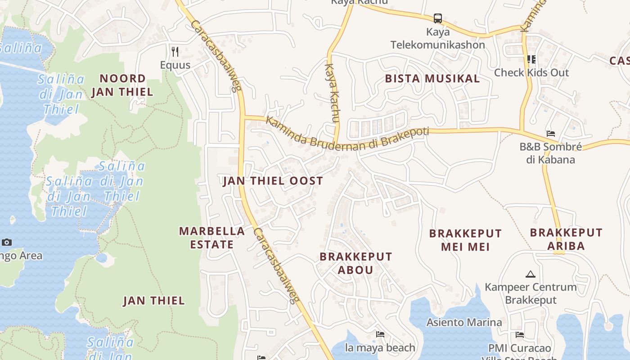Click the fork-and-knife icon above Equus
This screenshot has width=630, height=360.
pyautogui.click(x=175, y=52)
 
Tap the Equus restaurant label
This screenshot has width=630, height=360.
pyautogui.click(x=175, y=65)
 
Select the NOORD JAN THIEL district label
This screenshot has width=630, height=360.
pyautogui.click(x=122, y=85)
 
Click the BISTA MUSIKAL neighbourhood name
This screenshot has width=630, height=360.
pyautogui.click(x=432, y=79)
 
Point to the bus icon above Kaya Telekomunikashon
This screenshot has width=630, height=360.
pyautogui.click(x=438, y=18)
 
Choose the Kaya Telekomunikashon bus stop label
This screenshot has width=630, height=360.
pyautogui.click(x=438, y=39)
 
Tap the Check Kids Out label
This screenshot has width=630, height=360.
pyautogui.click(x=531, y=72)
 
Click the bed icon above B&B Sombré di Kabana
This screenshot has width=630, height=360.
pyautogui.click(x=550, y=134)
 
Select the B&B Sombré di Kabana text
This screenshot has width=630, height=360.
pyautogui.click(x=550, y=153)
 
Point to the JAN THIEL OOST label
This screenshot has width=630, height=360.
pyautogui.click(x=273, y=181)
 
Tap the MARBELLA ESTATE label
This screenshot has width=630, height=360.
pyautogui.click(x=212, y=238)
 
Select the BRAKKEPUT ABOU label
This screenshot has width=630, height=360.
pyautogui.click(x=355, y=263)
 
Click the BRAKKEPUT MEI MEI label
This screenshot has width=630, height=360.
pyautogui.click(x=465, y=240)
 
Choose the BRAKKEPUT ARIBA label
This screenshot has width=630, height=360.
pyautogui.click(x=566, y=239)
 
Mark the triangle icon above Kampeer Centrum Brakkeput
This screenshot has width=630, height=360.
pyautogui.click(x=530, y=274)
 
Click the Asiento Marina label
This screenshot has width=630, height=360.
pyautogui.click(x=464, y=322)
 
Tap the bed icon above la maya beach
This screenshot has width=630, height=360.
pyautogui.click(x=380, y=334)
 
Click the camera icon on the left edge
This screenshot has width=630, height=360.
pyautogui.click(x=6, y=243)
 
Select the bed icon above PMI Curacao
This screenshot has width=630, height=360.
pyautogui.click(x=520, y=335)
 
